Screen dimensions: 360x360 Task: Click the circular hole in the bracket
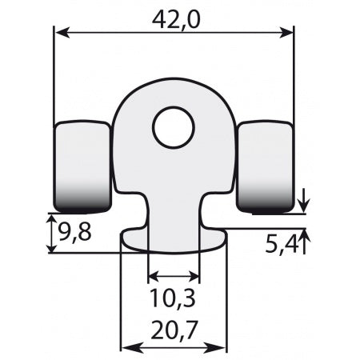coord(174,128)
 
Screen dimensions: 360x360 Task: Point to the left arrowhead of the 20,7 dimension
coord(126,348)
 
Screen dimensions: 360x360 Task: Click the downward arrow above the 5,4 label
coord(304,206)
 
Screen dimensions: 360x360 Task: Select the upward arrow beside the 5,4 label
coord(304,236)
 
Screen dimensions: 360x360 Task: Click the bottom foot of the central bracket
coord(174,240)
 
